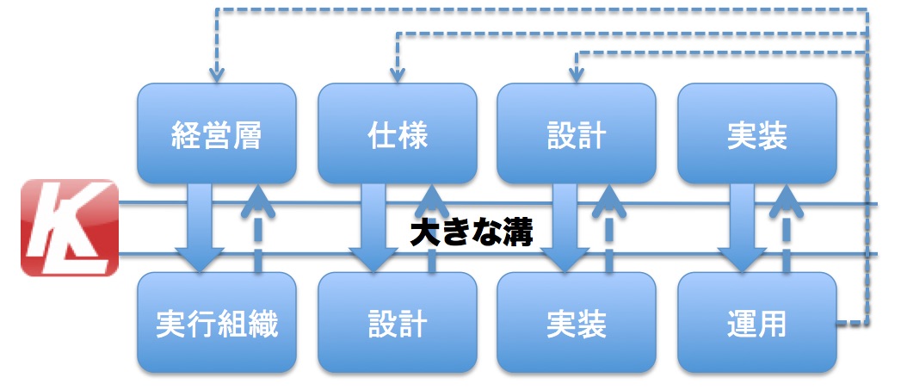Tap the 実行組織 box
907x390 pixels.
[x=217, y=325]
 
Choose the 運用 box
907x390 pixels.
[x=756, y=325]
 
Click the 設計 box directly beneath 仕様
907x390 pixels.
[x=397, y=325]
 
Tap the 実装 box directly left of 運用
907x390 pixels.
[x=577, y=325]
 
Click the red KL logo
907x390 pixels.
[x=69, y=227]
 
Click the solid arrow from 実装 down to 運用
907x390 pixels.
[x=738, y=227]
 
